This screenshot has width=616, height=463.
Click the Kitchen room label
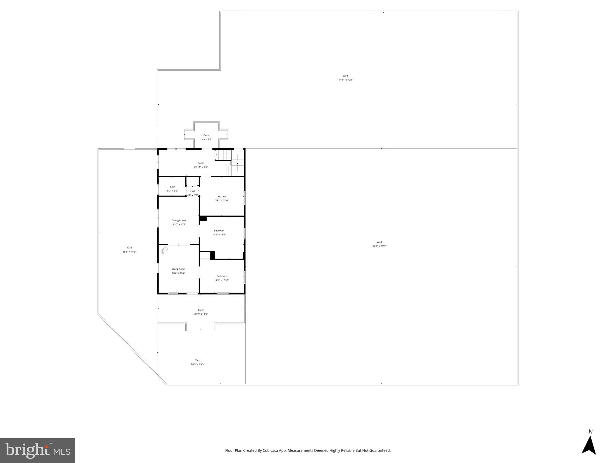222,197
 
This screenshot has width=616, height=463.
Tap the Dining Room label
178,220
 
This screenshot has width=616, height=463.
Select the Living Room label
178,269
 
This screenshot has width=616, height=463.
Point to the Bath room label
172,187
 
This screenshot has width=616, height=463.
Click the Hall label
193,191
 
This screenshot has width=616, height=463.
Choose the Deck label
206,135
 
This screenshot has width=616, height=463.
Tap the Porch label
201,310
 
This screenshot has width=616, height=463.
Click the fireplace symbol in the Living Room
164,250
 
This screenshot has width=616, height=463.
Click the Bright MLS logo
38,450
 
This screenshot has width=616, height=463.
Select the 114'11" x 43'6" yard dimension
345,80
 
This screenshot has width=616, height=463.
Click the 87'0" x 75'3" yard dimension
379,246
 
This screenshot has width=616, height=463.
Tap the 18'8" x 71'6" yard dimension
129,252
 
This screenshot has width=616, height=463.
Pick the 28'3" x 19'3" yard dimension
198,364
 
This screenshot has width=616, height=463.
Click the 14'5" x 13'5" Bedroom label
219,231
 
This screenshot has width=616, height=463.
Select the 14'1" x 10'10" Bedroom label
222,276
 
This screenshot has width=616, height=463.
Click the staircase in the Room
224,155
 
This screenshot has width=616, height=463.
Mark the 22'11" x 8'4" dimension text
201,167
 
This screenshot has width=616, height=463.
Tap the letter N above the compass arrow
590,432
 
